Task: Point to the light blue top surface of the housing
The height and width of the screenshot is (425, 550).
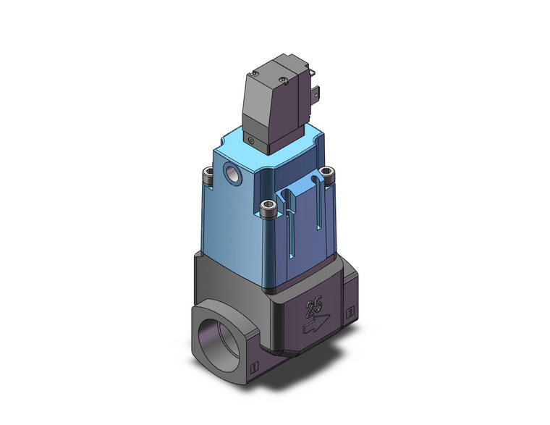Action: [253, 145]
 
